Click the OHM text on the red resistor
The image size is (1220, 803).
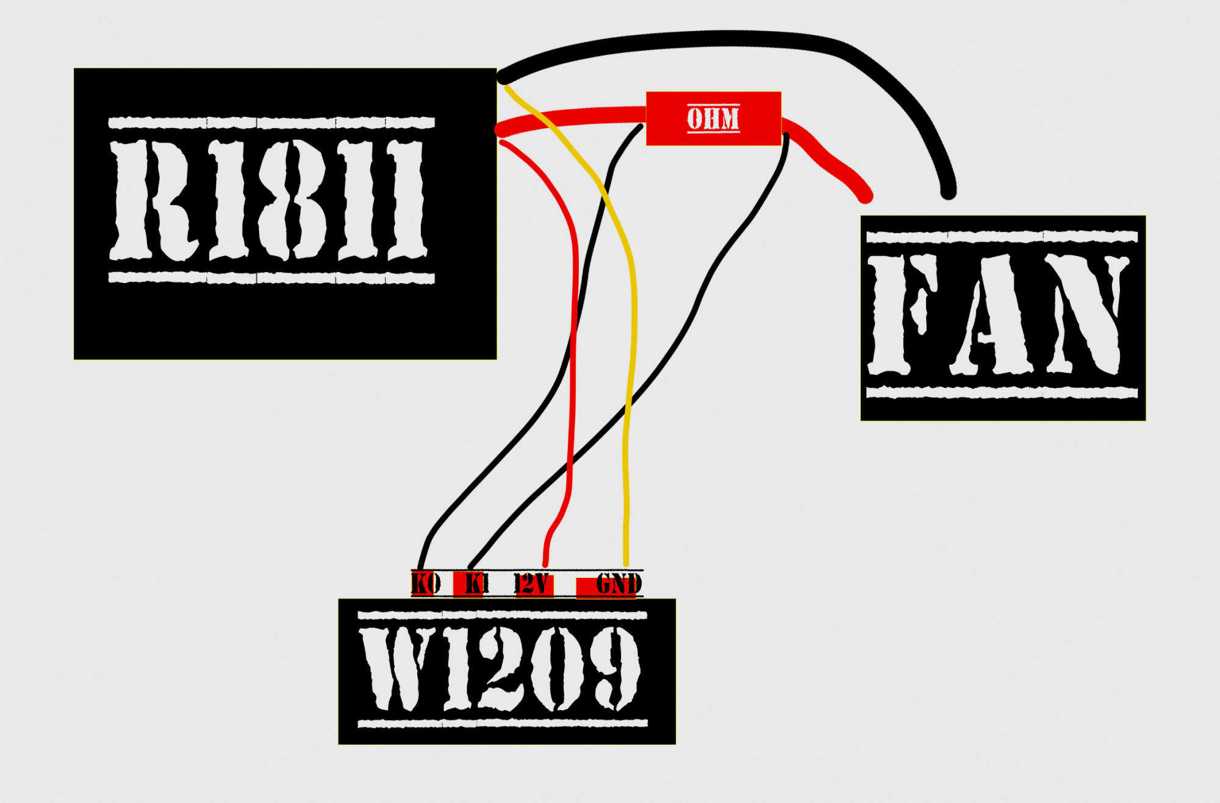click(713, 118)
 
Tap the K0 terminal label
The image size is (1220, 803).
click(426, 584)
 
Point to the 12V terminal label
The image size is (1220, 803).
click(532, 584)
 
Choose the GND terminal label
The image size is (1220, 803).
click(619, 584)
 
